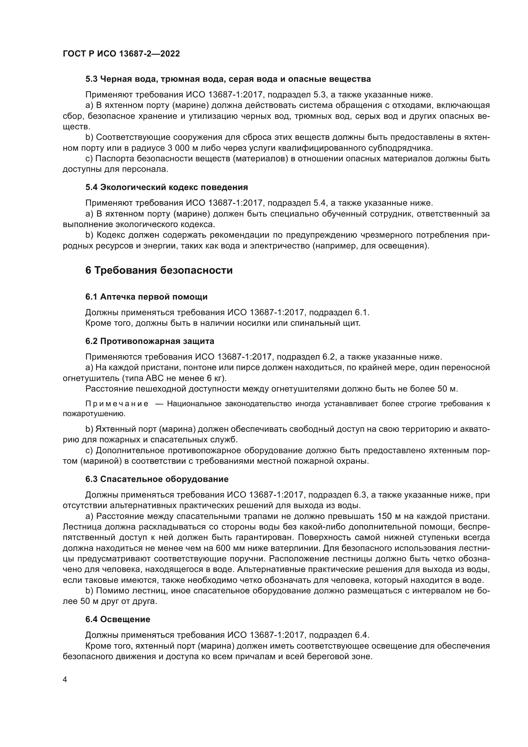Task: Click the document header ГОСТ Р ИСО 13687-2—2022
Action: (121, 54)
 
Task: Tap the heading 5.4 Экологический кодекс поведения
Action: (166, 187)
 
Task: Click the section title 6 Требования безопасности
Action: (159, 271)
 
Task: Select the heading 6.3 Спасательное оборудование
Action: (157, 479)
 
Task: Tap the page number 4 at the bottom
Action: (65, 679)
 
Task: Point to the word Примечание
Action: (117, 404)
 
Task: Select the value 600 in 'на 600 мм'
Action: (223, 548)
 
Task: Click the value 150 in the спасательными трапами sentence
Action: (386, 516)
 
